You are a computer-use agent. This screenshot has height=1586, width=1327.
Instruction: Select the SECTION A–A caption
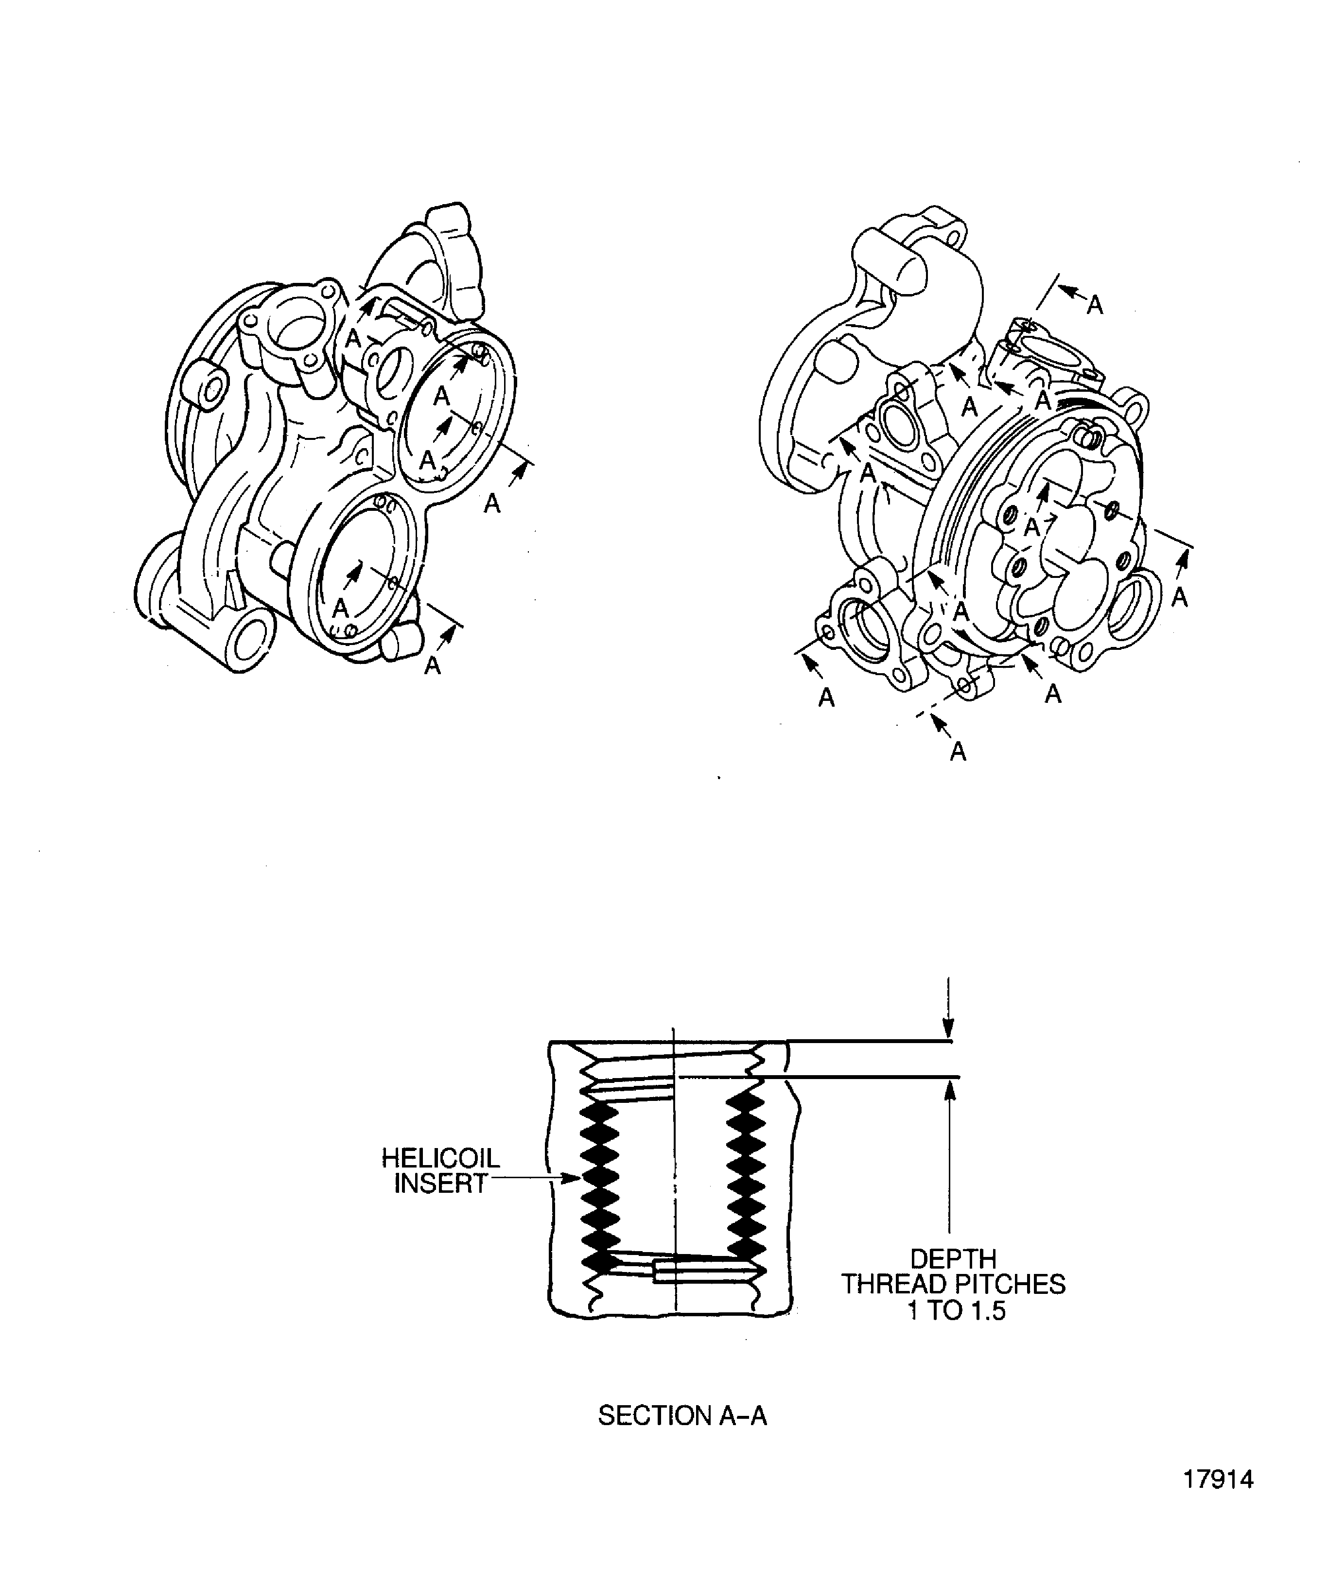click(x=681, y=1416)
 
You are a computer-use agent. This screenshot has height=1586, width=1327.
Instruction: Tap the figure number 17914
click(x=1218, y=1500)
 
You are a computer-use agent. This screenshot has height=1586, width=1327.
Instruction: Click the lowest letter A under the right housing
click(x=958, y=751)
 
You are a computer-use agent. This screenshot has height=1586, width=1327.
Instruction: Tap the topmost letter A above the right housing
click(x=1094, y=305)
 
